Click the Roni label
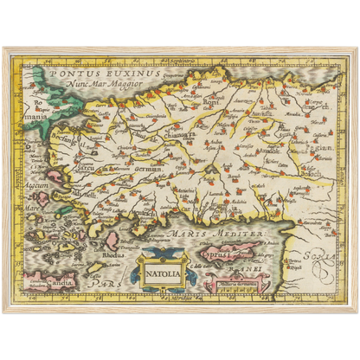coord(211,101)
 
